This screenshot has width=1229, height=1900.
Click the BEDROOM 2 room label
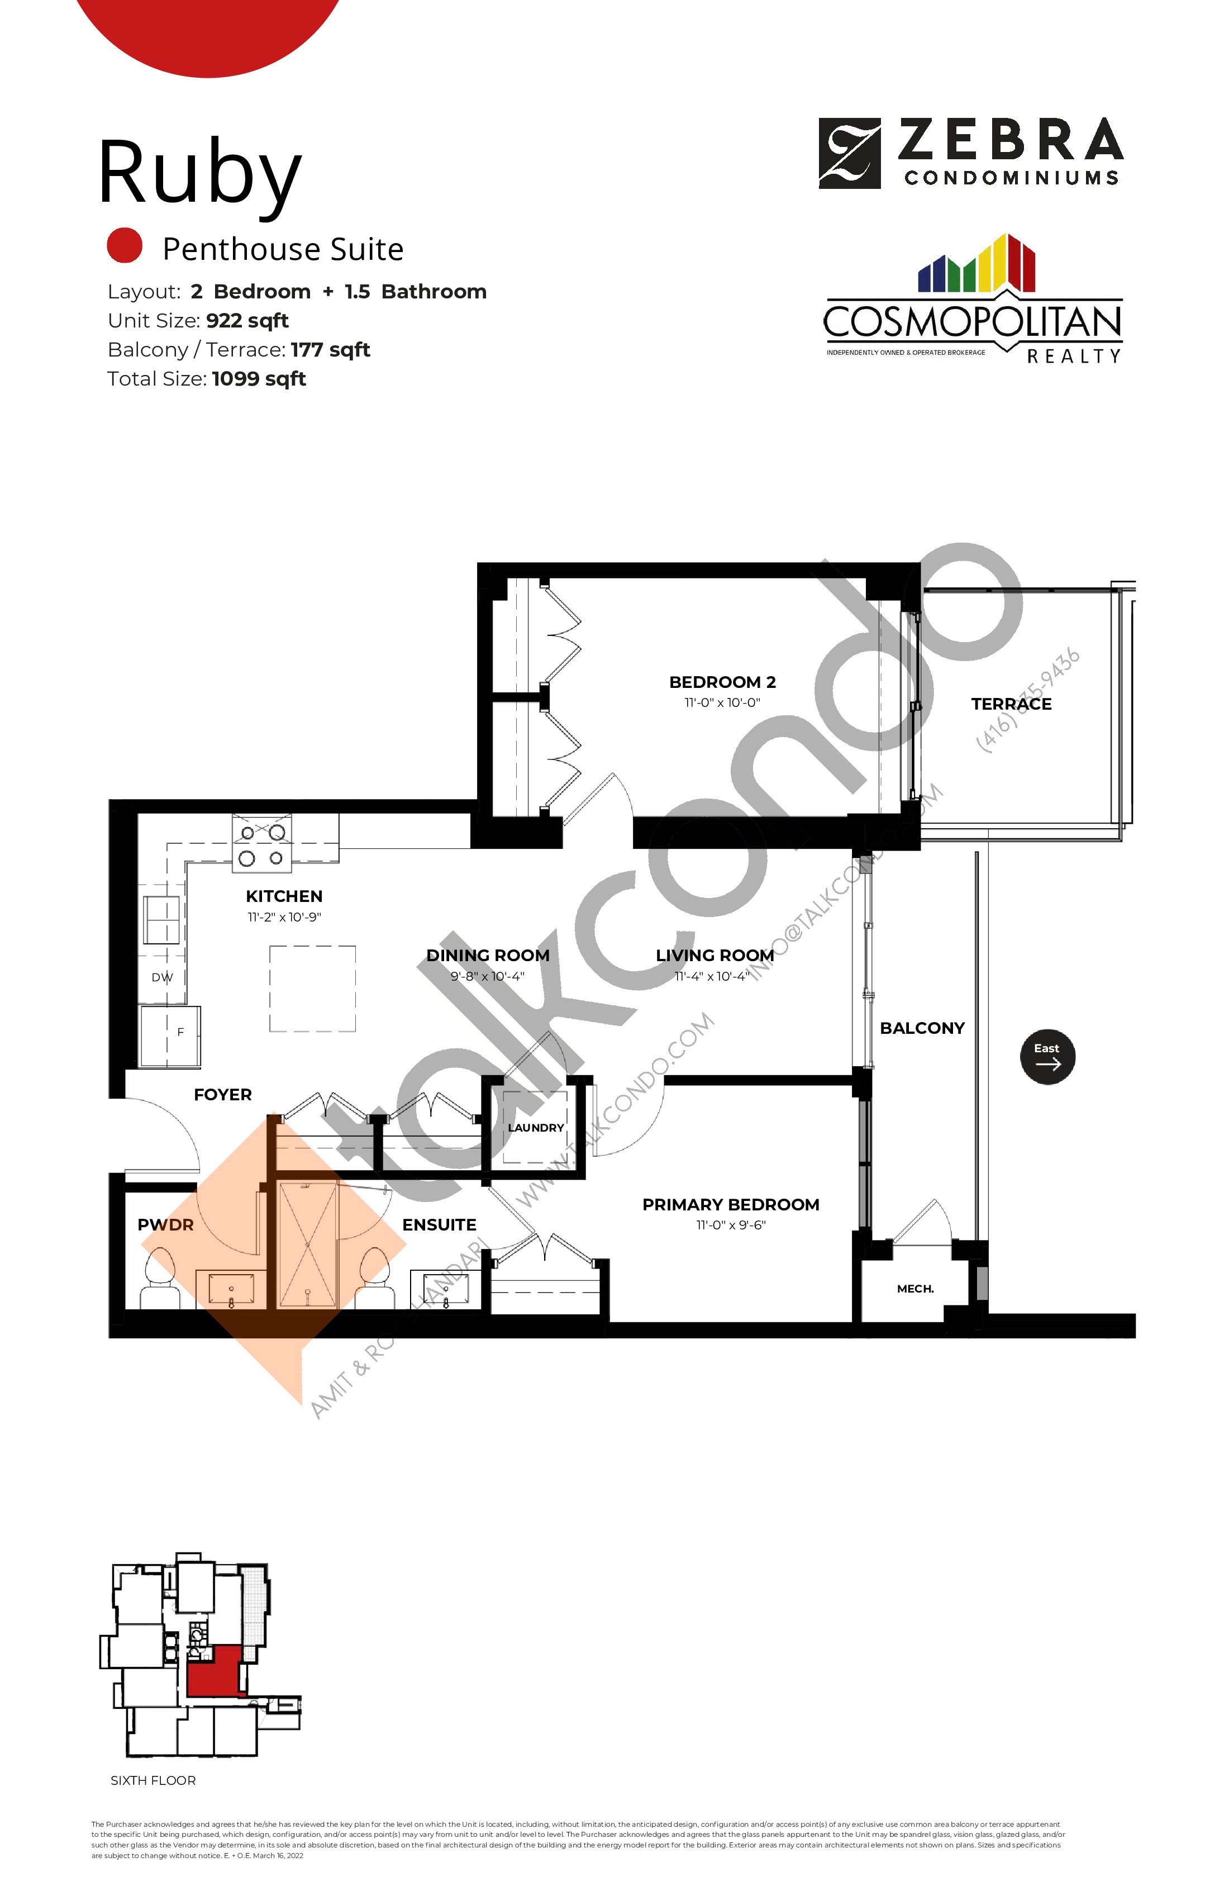coord(722,682)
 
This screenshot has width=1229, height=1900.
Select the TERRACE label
coord(1011,704)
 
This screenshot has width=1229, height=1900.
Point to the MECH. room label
coord(916,1289)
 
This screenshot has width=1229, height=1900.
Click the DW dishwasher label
coord(162,977)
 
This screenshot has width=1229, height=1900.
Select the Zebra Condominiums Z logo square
coord(850,153)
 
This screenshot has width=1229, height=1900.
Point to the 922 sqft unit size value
coord(247,321)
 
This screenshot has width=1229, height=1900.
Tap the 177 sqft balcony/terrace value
coord(330,350)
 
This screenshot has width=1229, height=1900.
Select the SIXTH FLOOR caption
coord(153,1780)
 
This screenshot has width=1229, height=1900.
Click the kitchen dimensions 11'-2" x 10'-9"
coord(284,917)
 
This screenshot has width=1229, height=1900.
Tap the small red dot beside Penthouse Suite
coord(125,246)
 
